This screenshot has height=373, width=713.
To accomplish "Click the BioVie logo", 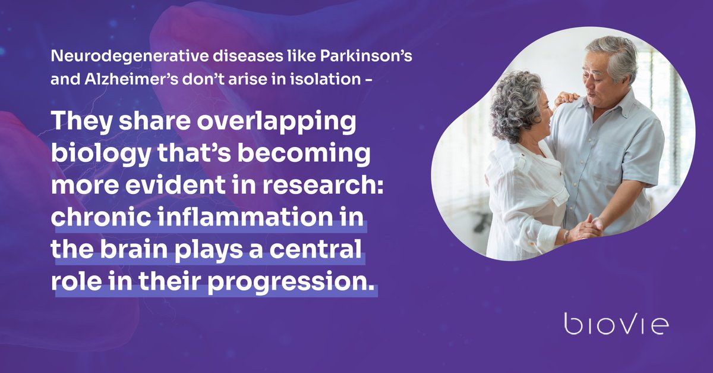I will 616,324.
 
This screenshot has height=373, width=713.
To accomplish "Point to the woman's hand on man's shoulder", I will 568,98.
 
